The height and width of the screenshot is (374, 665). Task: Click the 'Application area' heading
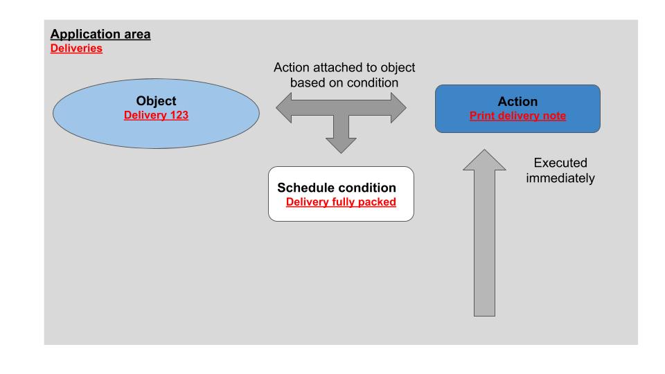tap(100, 34)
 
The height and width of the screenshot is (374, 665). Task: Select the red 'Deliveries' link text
tap(76, 48)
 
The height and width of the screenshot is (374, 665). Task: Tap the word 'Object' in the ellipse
tap(156, 101)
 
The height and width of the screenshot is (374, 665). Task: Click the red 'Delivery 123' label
tap(156, 115)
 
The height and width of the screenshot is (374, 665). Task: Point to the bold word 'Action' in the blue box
tap(518, 101)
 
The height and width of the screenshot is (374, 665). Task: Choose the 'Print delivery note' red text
tap(518, 116)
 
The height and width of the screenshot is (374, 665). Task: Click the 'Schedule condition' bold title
tap(337, 188)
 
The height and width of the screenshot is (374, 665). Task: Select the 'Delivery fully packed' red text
tap(341, 202)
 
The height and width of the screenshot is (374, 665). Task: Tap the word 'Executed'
tap(560, 163)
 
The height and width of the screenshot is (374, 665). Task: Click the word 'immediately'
tap(560, 178)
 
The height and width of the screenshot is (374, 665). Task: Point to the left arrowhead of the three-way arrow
tap(283, 108)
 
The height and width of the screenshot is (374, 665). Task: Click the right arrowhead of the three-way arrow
tap(399, 108)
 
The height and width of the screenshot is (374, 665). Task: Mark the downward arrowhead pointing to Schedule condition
tap(341, 145)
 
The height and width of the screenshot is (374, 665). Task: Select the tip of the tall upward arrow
tap(484, 150)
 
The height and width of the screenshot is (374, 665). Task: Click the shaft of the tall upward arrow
tap(484, 243)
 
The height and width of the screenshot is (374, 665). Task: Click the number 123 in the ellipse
tap(179, 115)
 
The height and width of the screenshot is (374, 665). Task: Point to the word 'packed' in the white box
tap(377, 202)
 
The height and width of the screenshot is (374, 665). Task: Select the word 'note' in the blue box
tap(553, 116)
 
